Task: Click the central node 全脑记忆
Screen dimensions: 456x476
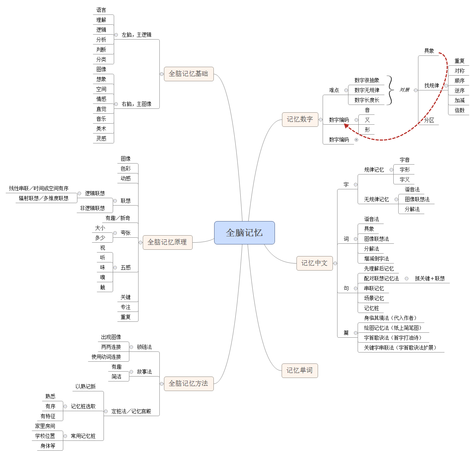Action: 244,233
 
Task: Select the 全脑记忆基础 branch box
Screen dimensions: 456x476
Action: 189,74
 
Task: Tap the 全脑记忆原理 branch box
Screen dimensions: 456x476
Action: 167,242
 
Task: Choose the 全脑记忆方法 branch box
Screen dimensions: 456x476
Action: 189,384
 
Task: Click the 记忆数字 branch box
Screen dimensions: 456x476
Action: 300,119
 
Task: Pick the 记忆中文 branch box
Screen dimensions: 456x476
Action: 315,263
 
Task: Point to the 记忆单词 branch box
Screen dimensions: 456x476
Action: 300,371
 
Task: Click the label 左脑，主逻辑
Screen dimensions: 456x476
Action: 136,35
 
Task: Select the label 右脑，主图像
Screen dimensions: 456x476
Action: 136,104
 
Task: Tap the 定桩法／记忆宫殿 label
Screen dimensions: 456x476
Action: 131,411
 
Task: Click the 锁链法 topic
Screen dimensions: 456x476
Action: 144,347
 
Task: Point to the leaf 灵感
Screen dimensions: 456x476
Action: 101,138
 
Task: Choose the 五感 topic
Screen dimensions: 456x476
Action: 125,267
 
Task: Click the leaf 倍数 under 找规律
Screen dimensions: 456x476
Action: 459,110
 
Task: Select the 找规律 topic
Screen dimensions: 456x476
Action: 431,85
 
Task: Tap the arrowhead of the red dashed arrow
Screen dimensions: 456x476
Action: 347,125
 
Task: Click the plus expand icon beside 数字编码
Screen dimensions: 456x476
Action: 356,140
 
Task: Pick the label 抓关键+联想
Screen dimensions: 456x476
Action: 430,278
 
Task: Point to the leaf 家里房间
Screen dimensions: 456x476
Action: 45,426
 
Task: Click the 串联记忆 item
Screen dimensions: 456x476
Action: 374,288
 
